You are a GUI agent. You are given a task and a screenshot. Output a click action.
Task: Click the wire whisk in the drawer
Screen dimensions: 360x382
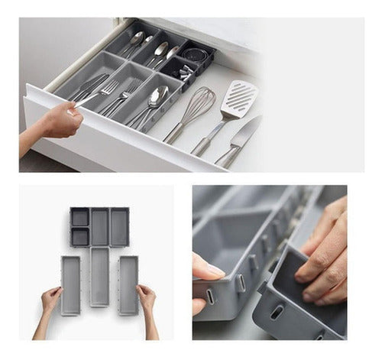click(197, 105)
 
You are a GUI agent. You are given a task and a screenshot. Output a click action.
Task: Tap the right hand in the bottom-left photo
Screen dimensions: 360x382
click(146, 297)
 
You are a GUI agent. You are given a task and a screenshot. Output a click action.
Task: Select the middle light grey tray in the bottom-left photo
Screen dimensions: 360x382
click(99, 275)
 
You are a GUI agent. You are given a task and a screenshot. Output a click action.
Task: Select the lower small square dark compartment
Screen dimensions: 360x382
click(79, 237)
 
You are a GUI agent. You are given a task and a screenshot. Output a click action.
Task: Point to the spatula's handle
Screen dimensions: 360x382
click(208, 138)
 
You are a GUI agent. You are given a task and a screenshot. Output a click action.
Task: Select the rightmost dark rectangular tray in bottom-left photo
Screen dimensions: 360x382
click(118, 227)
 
